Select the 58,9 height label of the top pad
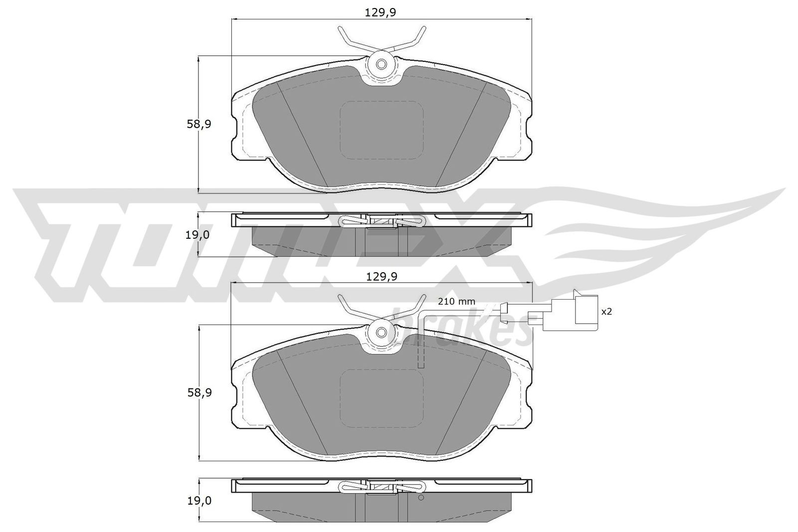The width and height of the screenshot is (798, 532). pyautogui.click(x=199, y=124)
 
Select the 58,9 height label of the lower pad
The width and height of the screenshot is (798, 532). pyautogui.click(x=199, y=392)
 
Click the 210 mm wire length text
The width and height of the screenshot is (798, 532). pyautogui.click(x=456, y=301)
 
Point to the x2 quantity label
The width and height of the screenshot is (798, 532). pyautogui.click(x=606, y=311)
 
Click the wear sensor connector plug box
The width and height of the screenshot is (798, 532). pyautogui.click(x=586, y=312)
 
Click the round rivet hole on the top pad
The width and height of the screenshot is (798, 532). pyautogui.click(x=382, y=64)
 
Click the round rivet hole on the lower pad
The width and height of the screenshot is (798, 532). pyautogui.click(x=382, y=333)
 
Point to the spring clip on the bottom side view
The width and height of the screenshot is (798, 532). pyautogui.click(x=382, y=487)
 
